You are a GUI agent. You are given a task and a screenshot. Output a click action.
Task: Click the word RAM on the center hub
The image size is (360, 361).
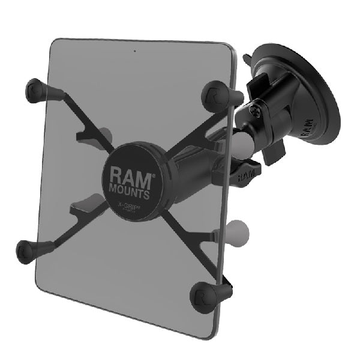[x=129, y=174]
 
